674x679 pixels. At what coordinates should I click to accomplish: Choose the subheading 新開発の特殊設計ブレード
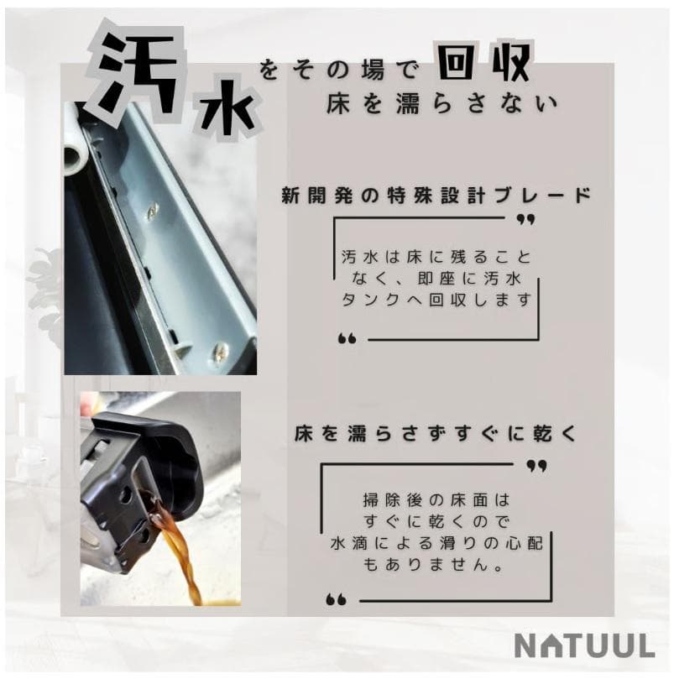point(436,196)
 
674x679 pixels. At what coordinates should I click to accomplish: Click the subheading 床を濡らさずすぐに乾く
point(436,434)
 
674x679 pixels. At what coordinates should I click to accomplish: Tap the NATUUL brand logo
point(584,646)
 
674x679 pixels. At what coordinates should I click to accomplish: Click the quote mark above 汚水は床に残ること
point(526,220)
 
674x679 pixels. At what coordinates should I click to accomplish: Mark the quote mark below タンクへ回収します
point(347,338)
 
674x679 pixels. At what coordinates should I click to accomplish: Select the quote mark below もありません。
point(337,598)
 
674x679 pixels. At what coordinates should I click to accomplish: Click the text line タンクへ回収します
point(437,300)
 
